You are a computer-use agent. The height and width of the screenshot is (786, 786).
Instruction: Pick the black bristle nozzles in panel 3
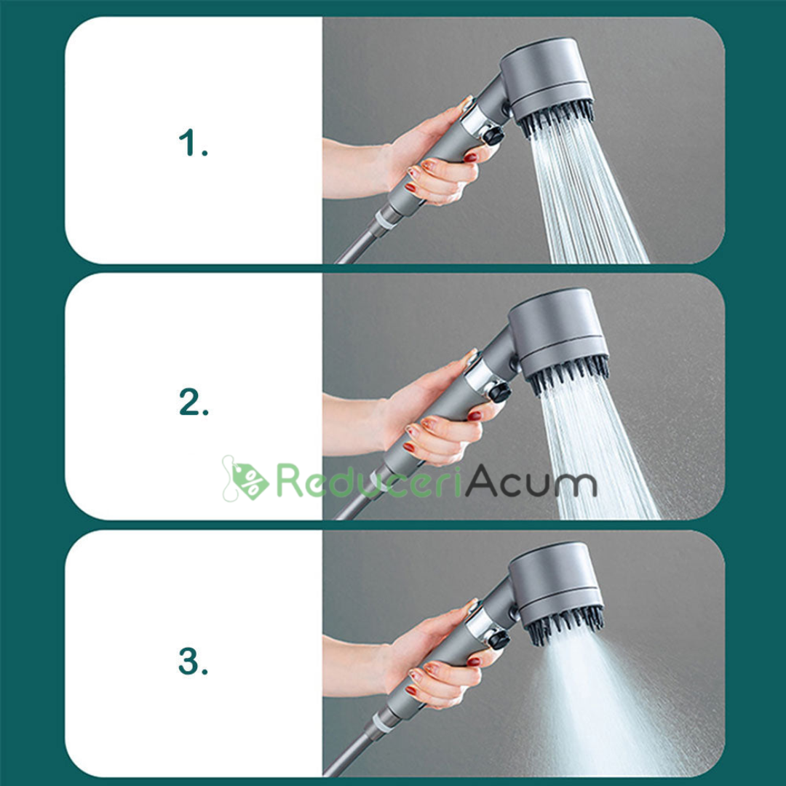click(565, 624)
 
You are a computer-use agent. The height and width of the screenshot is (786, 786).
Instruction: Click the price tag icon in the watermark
click(246, 479)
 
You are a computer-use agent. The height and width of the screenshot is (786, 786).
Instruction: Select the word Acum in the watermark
click(531, 480)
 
